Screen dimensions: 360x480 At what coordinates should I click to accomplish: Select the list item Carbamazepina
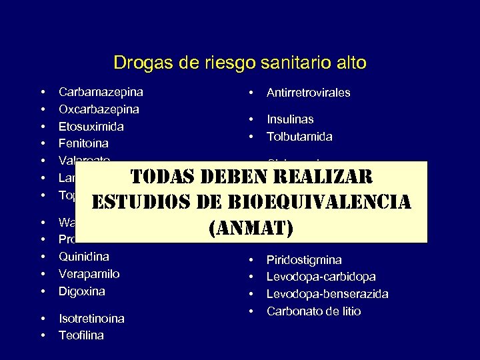pyautogui.click(x=101, y=92)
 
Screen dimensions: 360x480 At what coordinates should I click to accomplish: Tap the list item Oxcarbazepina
pyautogui.click(x=99, y=109)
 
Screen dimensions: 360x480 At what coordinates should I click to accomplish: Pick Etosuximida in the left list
pyautogui.click(x=91, y=126)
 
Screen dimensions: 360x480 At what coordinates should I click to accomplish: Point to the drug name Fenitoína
pyautogui.click(x=83, y=143)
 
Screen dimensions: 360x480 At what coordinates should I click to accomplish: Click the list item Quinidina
pyautogui.click(x=84, y=257)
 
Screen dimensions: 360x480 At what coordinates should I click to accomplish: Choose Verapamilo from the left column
pyautogui.click(x=89, y=274)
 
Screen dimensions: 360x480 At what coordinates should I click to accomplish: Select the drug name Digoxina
pyautogui.click(x=82, y=291)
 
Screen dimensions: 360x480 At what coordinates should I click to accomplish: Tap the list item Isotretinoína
pyautogui.click(x=91, y=319)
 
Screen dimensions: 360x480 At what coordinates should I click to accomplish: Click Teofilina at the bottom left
pyautogui.click(x=81, y=335)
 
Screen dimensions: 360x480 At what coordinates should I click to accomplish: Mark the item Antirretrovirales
pyautogui.click(x=309, y=93)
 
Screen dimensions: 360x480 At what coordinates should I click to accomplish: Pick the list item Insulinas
pyautogui.click(x=290, y=119)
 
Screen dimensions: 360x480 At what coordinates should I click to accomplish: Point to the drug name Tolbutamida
pyautogui.click(x=299, y=137)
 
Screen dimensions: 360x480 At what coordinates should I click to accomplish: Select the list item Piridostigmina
pyautogui.click(x=304, y=259)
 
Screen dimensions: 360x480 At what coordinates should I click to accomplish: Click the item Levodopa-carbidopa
pyautogui.click(x=321, y=276)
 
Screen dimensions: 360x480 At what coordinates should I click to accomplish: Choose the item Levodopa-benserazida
pyautogui.click(x=327, y=293)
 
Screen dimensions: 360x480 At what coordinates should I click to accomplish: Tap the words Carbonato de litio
pyautogui.click(x=313, y=311)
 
